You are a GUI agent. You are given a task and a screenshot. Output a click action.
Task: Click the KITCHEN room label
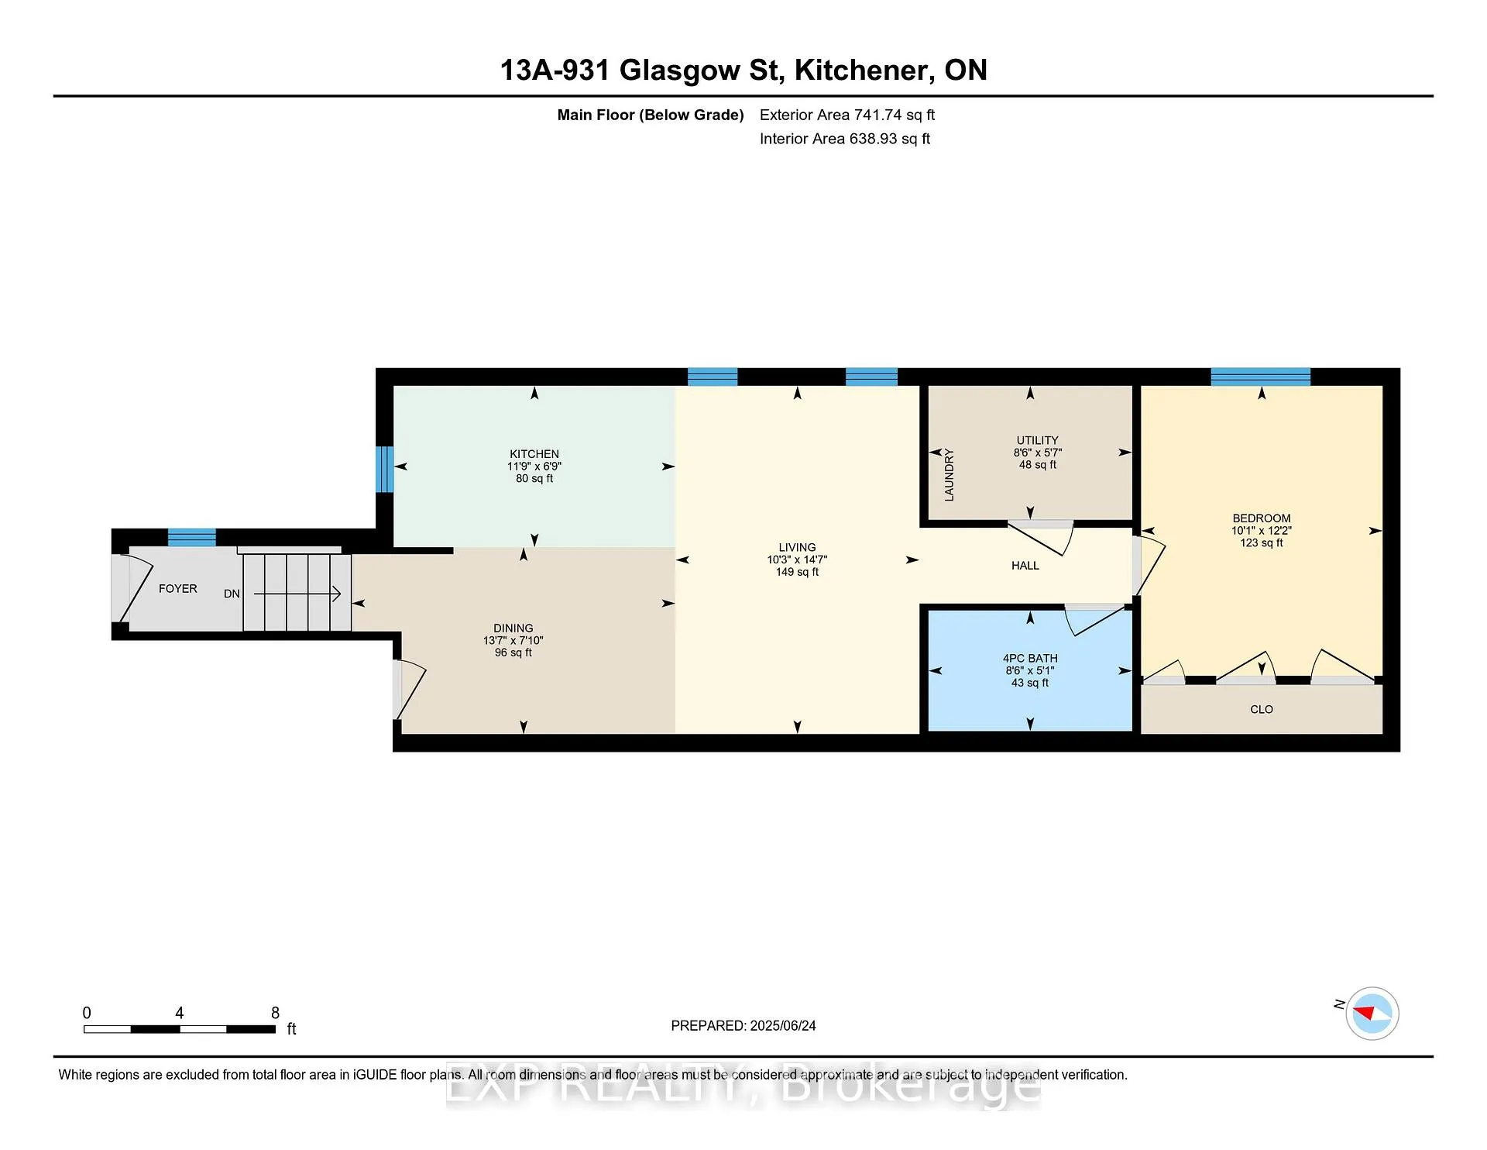tap(534, 454)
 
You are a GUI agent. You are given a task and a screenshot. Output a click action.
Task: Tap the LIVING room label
tap(797, 547)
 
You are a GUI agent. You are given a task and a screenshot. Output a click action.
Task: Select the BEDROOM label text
tap(1262, 518)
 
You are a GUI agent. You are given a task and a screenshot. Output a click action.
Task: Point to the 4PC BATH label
tap(1030, 658)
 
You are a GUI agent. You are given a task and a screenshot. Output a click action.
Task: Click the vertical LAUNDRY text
tap(950, 475)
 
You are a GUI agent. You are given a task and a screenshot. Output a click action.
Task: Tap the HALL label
tap(1025, 566)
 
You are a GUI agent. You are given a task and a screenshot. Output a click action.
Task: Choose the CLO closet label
tap(1262, 709)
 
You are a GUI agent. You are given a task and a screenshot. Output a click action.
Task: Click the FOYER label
tap(178, 589)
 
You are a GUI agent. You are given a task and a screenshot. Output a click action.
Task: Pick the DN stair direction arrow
tap(297, 594)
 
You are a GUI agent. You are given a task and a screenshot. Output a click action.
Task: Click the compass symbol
tap(1372, 1013)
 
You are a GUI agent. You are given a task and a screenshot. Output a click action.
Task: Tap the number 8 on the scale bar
tap(275, 1013)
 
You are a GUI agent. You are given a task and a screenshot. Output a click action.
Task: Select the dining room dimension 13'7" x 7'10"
tap(513, 640)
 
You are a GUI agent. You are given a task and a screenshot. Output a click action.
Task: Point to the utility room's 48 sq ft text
tap(1038, 465)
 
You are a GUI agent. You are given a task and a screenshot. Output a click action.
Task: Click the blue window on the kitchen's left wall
tap(385, 469)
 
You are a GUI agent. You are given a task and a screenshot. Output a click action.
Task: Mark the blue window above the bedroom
tap(1261, 377)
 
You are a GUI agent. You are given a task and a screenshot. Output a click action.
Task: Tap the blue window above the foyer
tap(192, 537)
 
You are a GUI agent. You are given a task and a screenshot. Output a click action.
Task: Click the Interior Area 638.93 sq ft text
tap(845, 139)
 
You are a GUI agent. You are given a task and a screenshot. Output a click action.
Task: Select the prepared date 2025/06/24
tap(783, 1025)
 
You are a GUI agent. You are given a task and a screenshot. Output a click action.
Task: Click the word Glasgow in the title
tap(680, 71)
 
